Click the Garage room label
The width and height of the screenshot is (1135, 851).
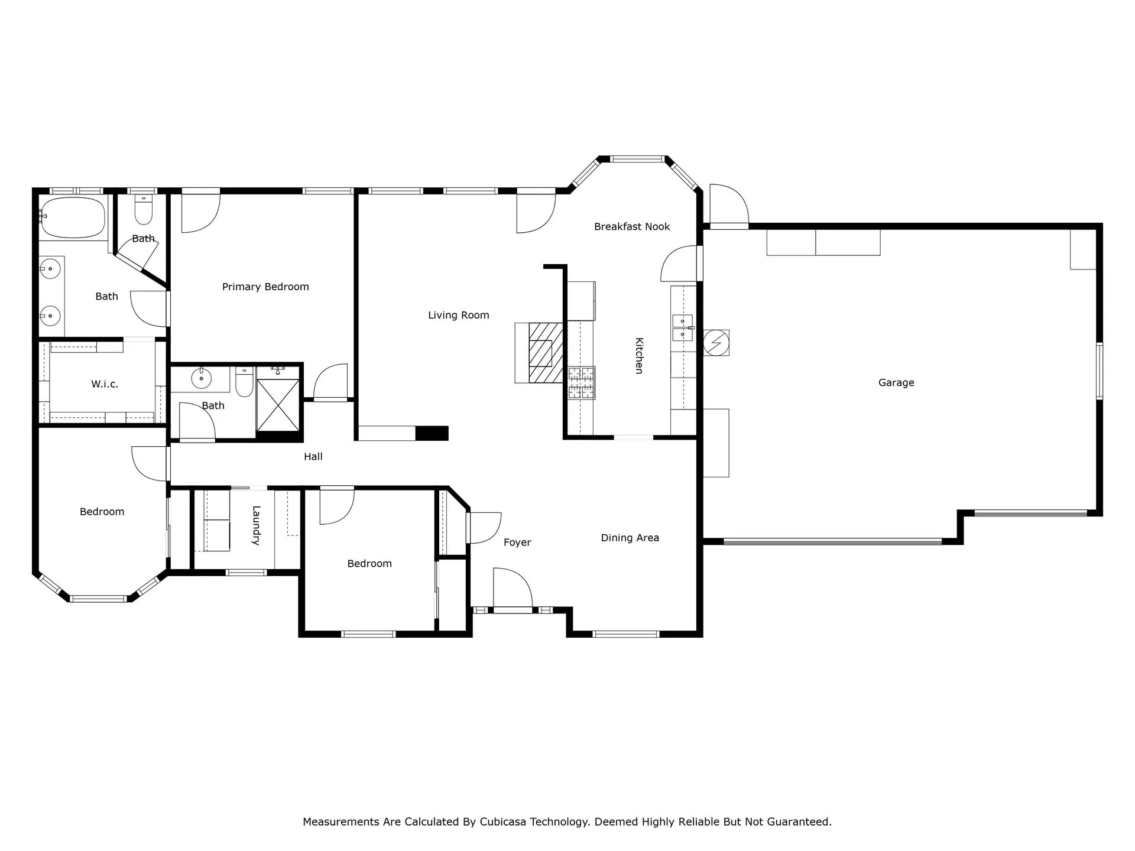[896, 383]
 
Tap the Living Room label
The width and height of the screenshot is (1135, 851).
[459, 316]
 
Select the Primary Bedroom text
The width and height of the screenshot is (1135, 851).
[265, 287]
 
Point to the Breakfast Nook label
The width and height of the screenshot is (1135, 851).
[632, 227]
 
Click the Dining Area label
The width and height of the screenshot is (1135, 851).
[630, 538]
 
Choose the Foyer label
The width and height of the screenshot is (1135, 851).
[517, 543]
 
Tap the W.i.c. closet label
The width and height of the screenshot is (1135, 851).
[105, 384]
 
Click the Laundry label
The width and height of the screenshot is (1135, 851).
[257, 525]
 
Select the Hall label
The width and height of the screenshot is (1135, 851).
[313, 457]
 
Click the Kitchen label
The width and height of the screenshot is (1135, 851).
[639, 356]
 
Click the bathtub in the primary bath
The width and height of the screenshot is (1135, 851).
[72, 217]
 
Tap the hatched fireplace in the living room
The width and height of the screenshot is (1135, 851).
[545, 352]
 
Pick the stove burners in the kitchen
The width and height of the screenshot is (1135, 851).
[582, 383]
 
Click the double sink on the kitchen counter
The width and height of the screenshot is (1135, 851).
[683, 329]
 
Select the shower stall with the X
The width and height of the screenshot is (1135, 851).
[278, 405]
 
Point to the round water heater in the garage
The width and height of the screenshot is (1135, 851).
[716, 343]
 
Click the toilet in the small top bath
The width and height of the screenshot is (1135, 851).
[144, 210]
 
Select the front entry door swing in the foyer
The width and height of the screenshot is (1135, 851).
[513, 589]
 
